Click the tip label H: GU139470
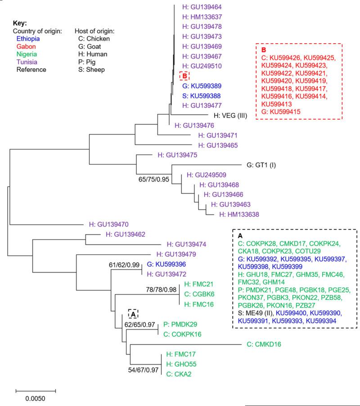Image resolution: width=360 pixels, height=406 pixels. (x=108, y=223)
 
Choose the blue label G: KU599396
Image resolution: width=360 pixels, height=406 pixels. (x=161, y=264)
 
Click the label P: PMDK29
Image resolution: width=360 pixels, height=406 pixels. (x=184, y=324)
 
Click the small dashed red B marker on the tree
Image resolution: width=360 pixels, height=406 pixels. (x=184, y=76)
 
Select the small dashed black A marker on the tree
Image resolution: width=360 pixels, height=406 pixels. (x=133, y=313)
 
